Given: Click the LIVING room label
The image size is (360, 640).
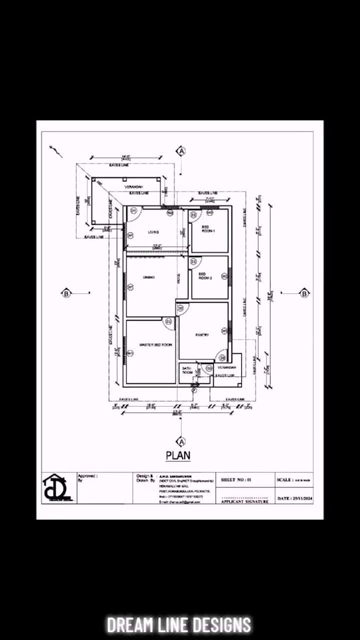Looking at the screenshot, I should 153,232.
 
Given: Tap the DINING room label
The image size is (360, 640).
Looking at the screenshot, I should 148,277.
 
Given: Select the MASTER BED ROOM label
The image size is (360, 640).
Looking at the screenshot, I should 155,345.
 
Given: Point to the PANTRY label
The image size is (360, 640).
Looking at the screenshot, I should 202,335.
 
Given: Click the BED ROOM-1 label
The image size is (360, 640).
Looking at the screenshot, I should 208,229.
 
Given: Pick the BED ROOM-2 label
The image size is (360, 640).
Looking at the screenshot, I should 205,276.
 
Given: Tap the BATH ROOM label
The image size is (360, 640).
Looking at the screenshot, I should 187,370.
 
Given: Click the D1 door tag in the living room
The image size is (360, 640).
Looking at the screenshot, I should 133,211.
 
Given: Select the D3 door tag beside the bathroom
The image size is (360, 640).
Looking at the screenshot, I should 209,368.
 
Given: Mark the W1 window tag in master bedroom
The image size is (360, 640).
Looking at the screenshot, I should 130,353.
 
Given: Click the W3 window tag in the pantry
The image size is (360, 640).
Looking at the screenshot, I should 224,331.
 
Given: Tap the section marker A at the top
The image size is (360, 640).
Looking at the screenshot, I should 182,151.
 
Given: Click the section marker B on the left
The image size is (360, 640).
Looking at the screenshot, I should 66,294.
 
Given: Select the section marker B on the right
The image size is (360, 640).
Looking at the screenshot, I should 304,293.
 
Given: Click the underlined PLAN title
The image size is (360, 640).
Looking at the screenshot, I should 178,455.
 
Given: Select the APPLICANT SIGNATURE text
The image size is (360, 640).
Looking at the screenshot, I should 245,501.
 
